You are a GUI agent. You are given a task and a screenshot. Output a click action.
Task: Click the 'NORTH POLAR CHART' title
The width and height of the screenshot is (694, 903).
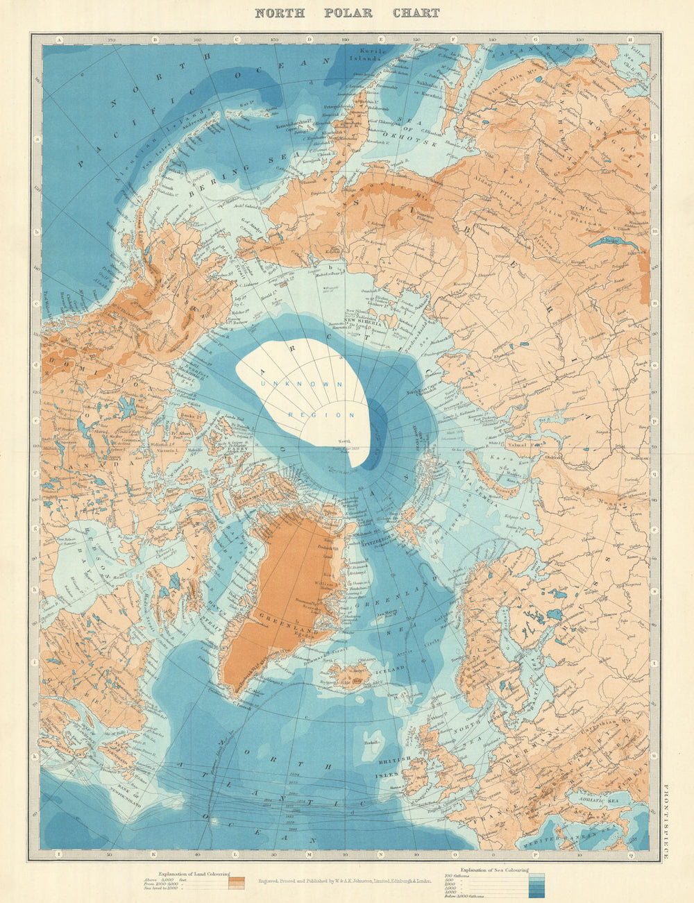pyautogui.click(x=347, y=12)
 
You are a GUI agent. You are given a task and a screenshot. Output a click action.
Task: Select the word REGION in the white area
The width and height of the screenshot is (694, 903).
pyautogui.click(x=321, y=414)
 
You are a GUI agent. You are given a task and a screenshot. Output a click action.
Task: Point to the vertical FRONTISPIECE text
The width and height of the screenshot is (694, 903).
pyautogui.click(x=666, y=812)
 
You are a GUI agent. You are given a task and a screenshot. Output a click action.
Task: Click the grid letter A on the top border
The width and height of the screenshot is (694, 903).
pyautogui.click(x=60, y=40)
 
